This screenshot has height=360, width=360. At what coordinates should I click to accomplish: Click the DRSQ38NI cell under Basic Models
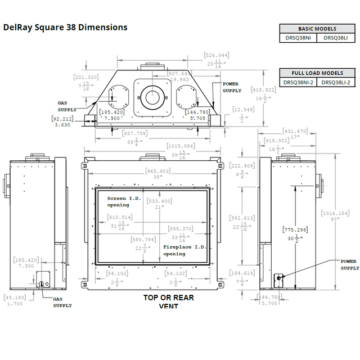tap(298, 38)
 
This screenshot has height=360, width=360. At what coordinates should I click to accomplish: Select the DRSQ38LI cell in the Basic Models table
tap(336, 38)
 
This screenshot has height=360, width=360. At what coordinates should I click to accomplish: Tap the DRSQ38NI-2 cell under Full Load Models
tap(298, 82)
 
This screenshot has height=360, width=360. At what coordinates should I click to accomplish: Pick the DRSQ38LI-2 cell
tap(336, 82)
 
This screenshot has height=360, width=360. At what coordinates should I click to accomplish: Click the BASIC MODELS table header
tap(317, 29)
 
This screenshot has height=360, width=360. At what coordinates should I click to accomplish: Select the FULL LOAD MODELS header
tap(317, 73)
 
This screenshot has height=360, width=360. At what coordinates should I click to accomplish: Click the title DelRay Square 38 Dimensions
tap(65, 27)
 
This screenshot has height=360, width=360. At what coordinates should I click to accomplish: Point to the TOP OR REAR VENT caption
tap(168, 301)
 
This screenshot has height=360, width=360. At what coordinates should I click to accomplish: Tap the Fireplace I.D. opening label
tap(182, 250)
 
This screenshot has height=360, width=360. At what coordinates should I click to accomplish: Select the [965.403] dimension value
tap(157, 171)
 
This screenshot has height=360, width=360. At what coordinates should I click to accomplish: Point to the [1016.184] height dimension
tap(335, 213)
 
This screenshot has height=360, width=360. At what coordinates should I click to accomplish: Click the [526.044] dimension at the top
tap(217, 55)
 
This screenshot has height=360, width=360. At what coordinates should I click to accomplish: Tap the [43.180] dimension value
tap(15, 297)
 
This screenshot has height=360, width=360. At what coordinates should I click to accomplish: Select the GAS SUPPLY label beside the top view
tap(66, 106)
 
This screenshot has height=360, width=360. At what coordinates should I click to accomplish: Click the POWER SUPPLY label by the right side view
tap(349, 264)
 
